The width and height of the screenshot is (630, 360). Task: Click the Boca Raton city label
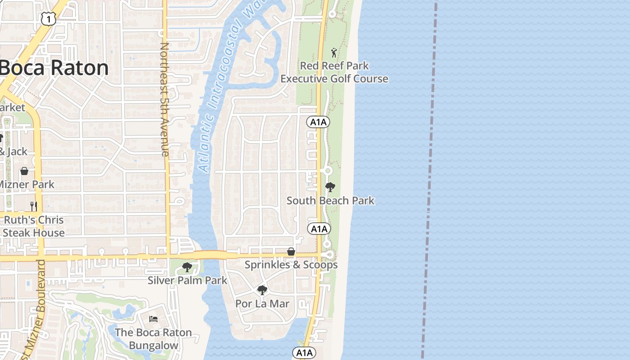click(54, 68)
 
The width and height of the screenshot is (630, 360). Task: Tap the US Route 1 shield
click(48, 18)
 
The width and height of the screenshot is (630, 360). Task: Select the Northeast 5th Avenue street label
click(164, 99)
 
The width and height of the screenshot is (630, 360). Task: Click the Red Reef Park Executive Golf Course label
click(334, 72)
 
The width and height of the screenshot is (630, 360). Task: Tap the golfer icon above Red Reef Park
click(334, 53)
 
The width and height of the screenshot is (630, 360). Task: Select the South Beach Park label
click(330, 201)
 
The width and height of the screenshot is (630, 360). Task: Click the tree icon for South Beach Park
click(330, 187)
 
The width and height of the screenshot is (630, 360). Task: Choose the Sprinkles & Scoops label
click(291, 265)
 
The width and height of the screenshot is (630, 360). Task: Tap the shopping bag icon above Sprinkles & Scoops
click(291, 252)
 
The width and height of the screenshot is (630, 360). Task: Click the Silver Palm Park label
click(188, 280)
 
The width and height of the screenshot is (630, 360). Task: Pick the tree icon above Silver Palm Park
click(187, 268)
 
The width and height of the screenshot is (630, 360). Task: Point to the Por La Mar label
click(262, 304)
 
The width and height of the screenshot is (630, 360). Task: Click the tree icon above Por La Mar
click(262, 290)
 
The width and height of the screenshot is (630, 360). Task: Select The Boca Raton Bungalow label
click(153, 339)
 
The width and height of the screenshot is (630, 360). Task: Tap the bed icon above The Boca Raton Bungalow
click(153, 319)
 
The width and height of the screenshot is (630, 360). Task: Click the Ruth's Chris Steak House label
click(34, 226)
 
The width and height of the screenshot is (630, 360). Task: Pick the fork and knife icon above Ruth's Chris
click(34, 206)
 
